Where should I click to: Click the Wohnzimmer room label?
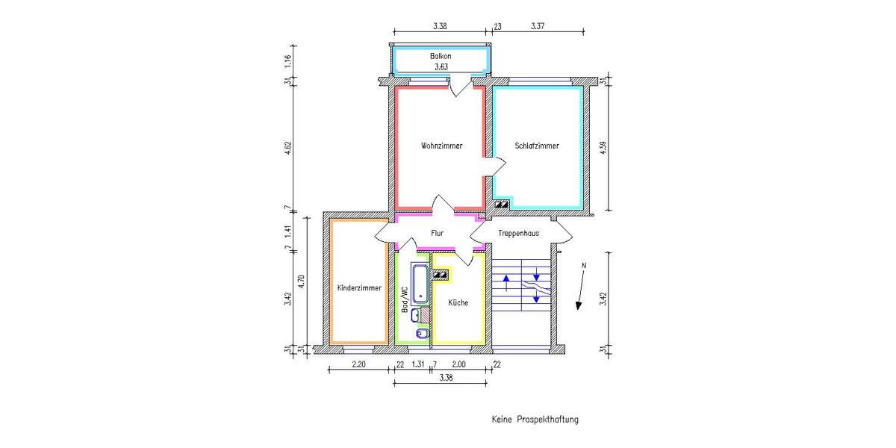point(441,146)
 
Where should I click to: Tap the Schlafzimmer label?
point(536,146)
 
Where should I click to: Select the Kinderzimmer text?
point(359,288)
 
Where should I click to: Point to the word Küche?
point(458,303)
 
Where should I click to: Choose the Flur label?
point(437,234)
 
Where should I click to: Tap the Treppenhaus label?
point(518,234)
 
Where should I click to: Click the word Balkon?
point(441,57)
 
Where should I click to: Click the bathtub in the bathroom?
point(420,284)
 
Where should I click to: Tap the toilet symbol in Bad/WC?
point(423,333)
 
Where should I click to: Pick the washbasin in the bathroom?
point(415,314)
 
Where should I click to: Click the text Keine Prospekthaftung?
point(535,420)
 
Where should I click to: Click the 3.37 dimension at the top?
point(537,26)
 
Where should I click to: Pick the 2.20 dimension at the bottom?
point(358,364)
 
